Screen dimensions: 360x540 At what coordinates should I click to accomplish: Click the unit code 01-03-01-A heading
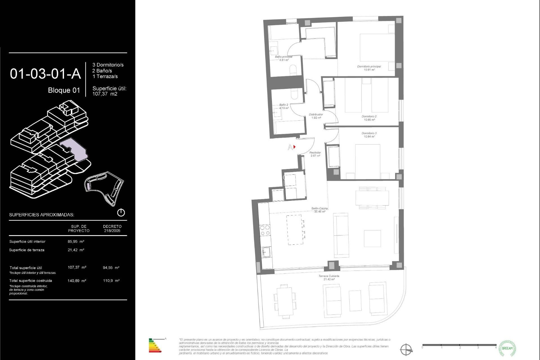pyautogui.click(x=45, y=74)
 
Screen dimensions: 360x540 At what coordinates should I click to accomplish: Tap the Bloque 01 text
pyautogui.click(x=64, y=90)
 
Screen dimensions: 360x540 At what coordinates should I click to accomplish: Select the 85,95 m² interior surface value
pyautogui.click(x=76, y=241)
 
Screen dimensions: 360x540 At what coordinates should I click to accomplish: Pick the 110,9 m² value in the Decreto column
pyautogui.click(x=111, y=280)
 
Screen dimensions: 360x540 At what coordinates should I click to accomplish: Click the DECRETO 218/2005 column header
pyautogui.click(x=112, y=228)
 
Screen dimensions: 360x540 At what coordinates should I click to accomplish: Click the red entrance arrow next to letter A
pyautogui.click(x=294, y=147)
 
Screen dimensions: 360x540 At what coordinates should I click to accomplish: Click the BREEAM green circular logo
pyautogui.click(x=507, y=348)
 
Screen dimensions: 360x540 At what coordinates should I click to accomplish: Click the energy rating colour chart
pyautogui.click(x=155, y=346)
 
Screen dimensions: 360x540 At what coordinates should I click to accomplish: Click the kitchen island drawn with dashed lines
pyautogui.click(x=295, y=229)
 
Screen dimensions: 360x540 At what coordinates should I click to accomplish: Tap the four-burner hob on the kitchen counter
pyautogui.click(x=265, y=230)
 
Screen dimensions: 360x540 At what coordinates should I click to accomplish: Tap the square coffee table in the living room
pyautogui.click(x=372, y=238)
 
